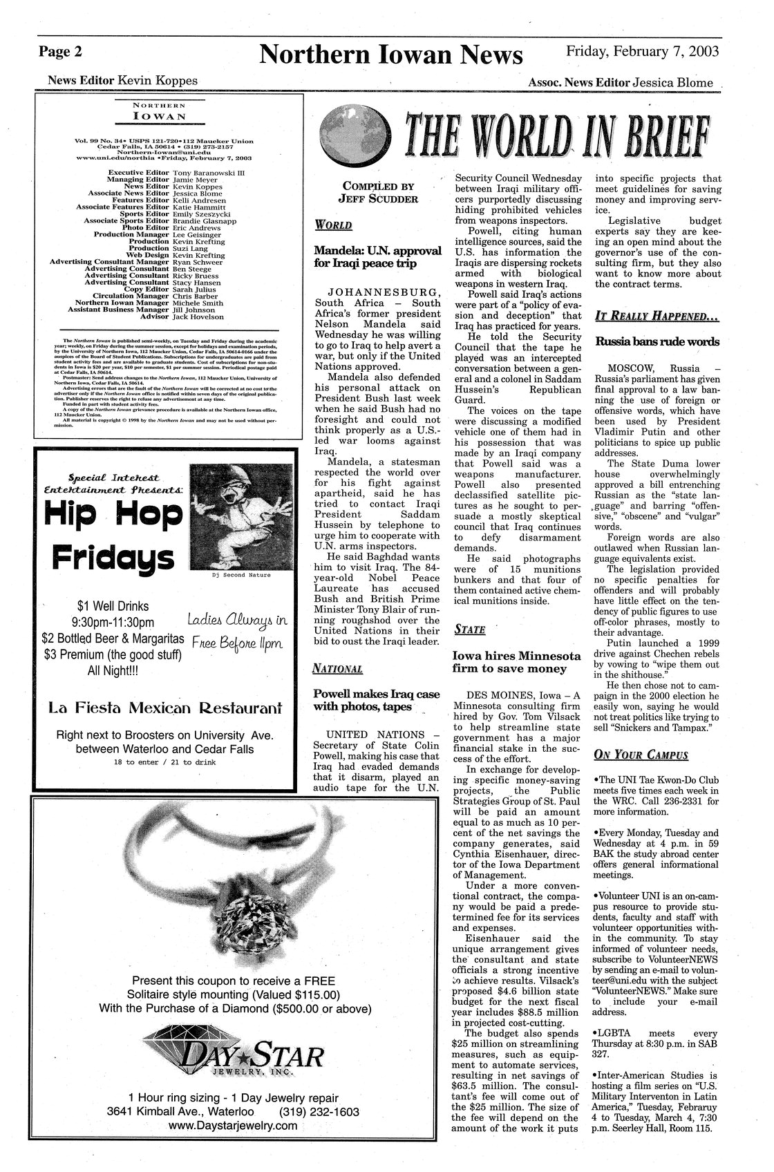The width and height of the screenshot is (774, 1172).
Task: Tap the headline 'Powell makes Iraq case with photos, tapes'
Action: [x=376, y=700]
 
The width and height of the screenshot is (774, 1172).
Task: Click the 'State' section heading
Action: [x=469, y=630]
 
